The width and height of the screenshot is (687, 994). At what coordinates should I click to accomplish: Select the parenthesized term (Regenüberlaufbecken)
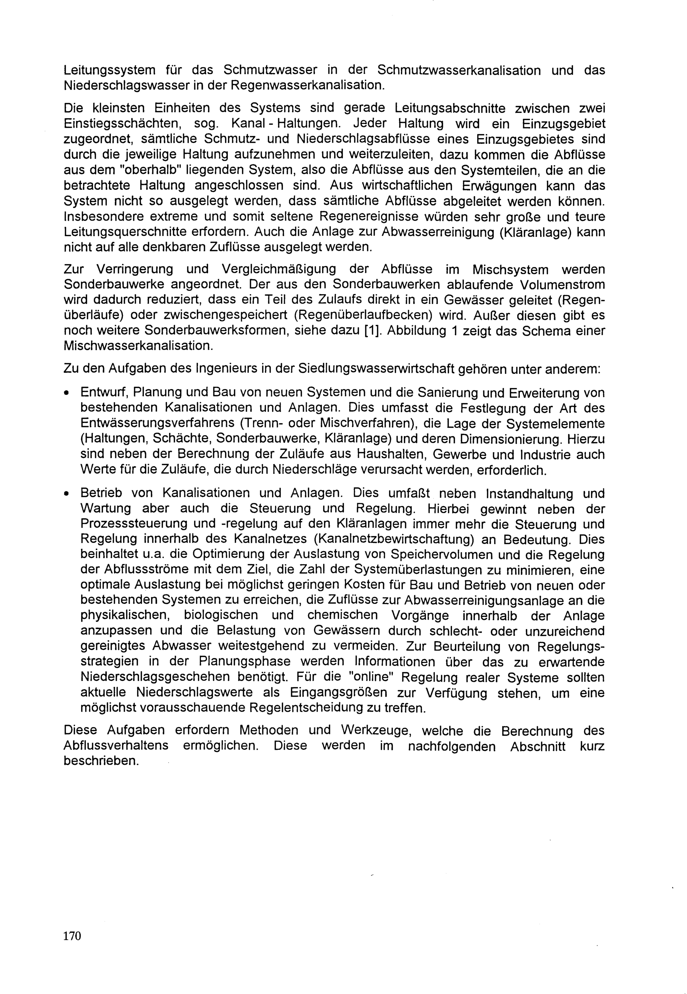coord(364,316)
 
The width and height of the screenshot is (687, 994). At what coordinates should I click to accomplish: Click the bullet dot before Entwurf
coord(66,393)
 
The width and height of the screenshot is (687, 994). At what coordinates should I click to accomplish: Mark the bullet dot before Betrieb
coord(66,493)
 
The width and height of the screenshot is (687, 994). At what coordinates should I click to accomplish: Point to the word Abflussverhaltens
coord(116,745)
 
